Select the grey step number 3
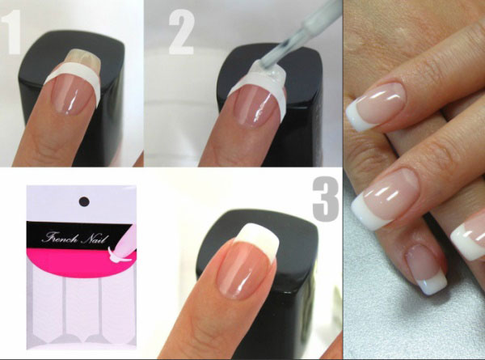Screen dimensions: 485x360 [326, 199]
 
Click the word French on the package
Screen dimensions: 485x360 [60, 237]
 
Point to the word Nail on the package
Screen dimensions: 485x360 [95, 239]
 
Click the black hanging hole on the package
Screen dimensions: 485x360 [84, 201]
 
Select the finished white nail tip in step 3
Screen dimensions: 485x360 [259, 239]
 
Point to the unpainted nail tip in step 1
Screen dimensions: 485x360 [85, 59]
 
